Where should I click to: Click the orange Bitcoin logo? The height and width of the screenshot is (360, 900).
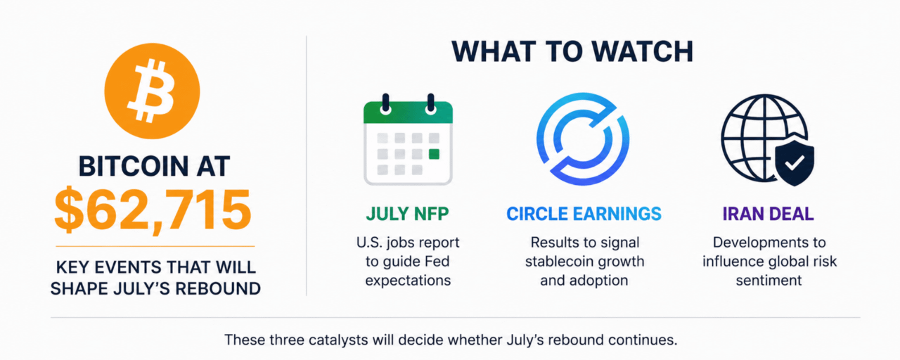152,91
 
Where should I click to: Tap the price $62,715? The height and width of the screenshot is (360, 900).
153,210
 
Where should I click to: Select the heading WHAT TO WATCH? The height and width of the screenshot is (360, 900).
572,51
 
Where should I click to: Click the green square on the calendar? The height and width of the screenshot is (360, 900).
434,154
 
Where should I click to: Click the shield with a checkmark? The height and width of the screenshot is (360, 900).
795,162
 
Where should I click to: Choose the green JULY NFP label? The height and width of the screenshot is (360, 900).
407,214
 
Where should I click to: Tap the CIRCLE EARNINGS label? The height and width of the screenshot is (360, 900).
584,214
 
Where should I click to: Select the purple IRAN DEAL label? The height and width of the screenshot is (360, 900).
769,214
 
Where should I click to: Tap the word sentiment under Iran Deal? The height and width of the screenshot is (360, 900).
769,281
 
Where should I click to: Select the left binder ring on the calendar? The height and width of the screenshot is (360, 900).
386,104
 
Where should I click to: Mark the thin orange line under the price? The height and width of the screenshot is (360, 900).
155,246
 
